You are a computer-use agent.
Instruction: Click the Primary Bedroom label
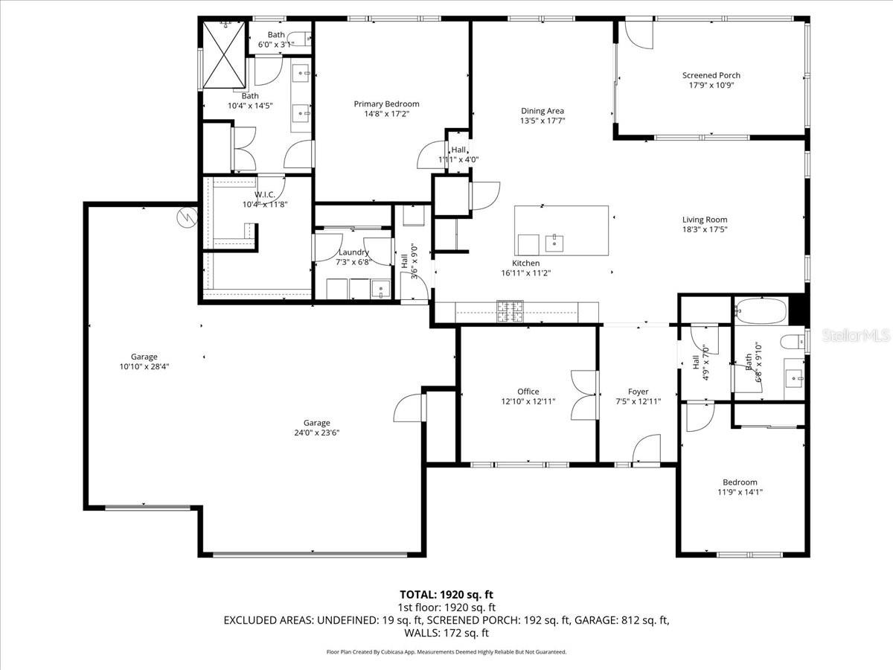coord(386,104)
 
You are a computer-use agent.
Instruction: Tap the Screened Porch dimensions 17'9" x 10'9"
coord(711,85)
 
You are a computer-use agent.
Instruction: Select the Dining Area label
coord(542,111)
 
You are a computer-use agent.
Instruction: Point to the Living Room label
coord(705,220)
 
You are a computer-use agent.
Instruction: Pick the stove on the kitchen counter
coord(510,311)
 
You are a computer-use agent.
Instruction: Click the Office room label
coord(528,392)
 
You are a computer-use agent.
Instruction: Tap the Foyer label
coord(638,392)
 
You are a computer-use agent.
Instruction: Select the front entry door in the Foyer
coord(646,450)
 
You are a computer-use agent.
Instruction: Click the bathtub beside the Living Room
coord(760,310)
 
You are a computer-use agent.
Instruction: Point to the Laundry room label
coord(353,252)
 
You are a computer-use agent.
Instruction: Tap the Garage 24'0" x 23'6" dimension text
coord(316,433)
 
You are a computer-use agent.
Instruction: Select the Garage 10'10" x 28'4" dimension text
coord(144,366)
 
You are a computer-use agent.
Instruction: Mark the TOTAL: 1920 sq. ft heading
coord(446,595)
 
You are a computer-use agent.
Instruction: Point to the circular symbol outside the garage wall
coord(185,217)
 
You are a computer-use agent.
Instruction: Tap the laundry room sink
coord(380,289)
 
